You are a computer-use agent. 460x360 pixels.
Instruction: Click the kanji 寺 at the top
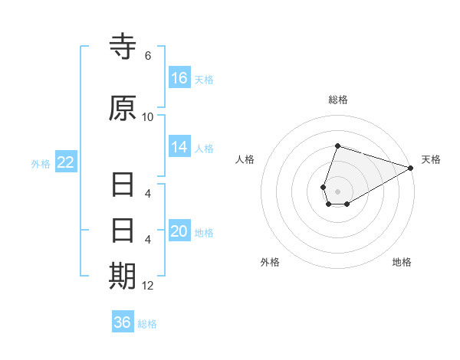[x=123, y=48]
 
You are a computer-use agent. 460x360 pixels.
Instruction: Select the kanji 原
[x=123, y=109]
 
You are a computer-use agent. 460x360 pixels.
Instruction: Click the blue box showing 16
[x=179, y=78]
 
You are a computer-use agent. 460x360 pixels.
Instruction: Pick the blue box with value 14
[x=179, y=147]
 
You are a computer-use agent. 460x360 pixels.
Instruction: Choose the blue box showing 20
[x=179, y=231]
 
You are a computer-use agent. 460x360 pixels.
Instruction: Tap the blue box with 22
[x=66, y=162]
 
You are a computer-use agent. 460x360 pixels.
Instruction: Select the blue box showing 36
[x=123, y=322]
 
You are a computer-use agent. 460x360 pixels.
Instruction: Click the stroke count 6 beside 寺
[x=148, y=56]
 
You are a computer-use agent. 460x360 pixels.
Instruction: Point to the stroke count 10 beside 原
[x=148, y=117]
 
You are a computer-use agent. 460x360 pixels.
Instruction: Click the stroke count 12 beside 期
[x=148, y=286]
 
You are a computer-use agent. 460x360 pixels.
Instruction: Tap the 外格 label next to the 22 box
[x=41, y=163]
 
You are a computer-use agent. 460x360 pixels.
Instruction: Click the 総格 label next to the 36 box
[x=147, y=323]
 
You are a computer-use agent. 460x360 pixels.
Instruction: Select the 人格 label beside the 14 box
[x=204, y=148]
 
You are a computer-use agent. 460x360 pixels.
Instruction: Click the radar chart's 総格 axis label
[x=338, y=100]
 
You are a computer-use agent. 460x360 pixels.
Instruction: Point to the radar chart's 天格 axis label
[x=431, y=159]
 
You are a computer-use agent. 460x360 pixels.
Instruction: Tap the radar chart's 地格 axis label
[x=402, y=262]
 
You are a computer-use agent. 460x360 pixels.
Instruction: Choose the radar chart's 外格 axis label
[x=270, y=262]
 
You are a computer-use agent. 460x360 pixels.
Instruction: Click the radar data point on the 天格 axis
[x=411, y=169]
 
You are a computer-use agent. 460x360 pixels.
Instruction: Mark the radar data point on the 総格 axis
[x=337, y=146]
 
